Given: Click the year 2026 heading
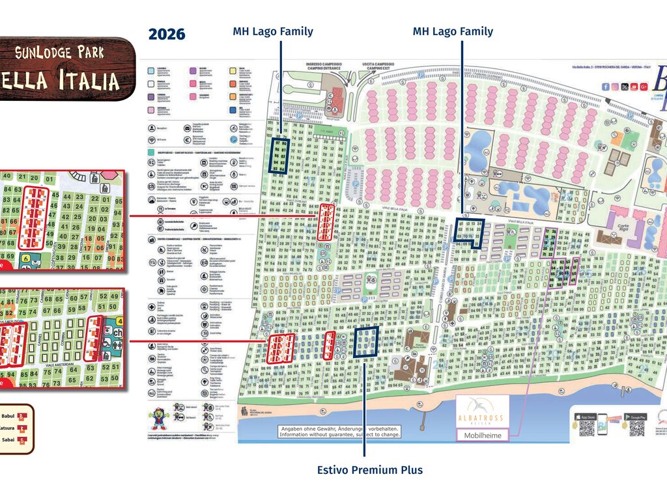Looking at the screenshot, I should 167,35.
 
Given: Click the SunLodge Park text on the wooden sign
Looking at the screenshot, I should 59,53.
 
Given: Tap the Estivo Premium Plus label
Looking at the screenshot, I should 369,470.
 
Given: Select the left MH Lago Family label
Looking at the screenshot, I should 273,31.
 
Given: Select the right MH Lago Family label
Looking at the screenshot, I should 453,31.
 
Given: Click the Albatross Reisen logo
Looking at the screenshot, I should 483,411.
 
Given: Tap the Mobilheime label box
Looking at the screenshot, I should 483,436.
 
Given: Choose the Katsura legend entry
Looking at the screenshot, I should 14,428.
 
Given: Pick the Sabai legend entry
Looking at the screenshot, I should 14,440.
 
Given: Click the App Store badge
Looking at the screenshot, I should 587,417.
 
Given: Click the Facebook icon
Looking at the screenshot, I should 606,87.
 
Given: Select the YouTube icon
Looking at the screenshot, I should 634,87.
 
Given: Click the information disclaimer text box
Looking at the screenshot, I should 339,432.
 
